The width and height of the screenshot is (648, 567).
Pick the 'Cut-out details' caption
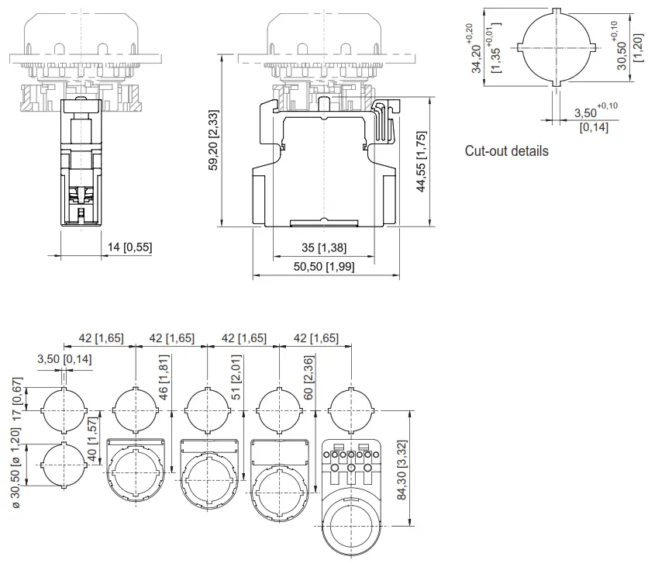pyautogui.click(x=506, y=151)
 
